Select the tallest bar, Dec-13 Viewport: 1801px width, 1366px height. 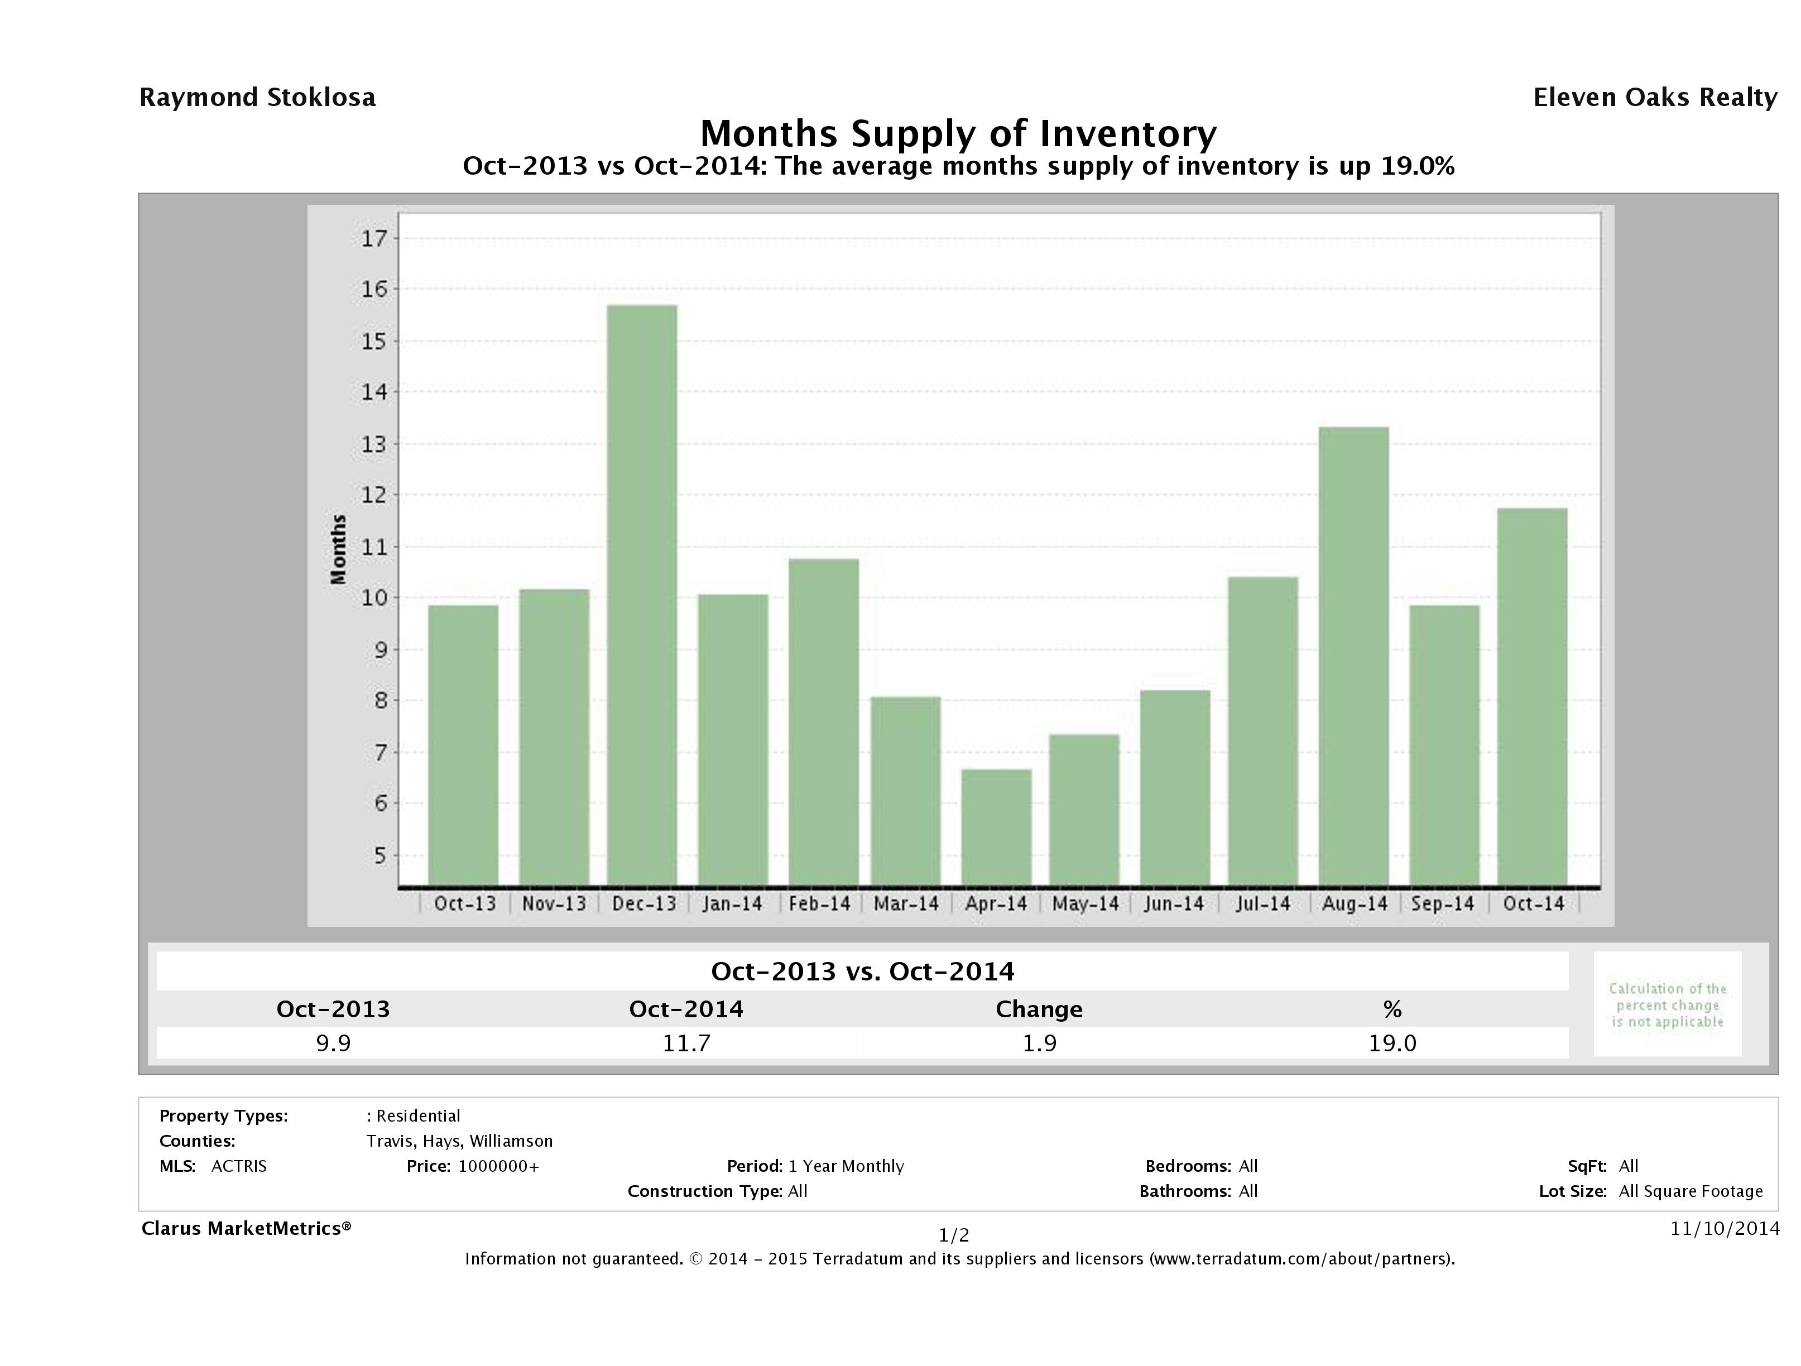[x=642, y=595]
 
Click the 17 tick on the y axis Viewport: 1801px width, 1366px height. [x=374, y=238]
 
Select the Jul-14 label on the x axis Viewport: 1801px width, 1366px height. [x=1263, y=903]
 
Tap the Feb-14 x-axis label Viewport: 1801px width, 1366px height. [x=819, y=903]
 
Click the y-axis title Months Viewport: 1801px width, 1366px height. [x=338, y=550]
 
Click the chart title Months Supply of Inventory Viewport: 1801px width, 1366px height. [x=958, y=133]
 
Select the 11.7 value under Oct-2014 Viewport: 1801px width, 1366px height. [x=686, y=1043]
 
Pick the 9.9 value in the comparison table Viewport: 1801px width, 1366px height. [x=333, y=1043]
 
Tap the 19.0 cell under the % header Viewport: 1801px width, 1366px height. [x=1392, y=1043]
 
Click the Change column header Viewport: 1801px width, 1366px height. [x=1039, y=1009]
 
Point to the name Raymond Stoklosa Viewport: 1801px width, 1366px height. [x=257, y=98]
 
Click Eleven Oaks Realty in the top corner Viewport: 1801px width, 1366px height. [x=1654, y=98]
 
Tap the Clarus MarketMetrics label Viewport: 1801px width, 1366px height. [x=246, y=1228]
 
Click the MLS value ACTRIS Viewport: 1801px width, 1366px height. [x=238, y=1166]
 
